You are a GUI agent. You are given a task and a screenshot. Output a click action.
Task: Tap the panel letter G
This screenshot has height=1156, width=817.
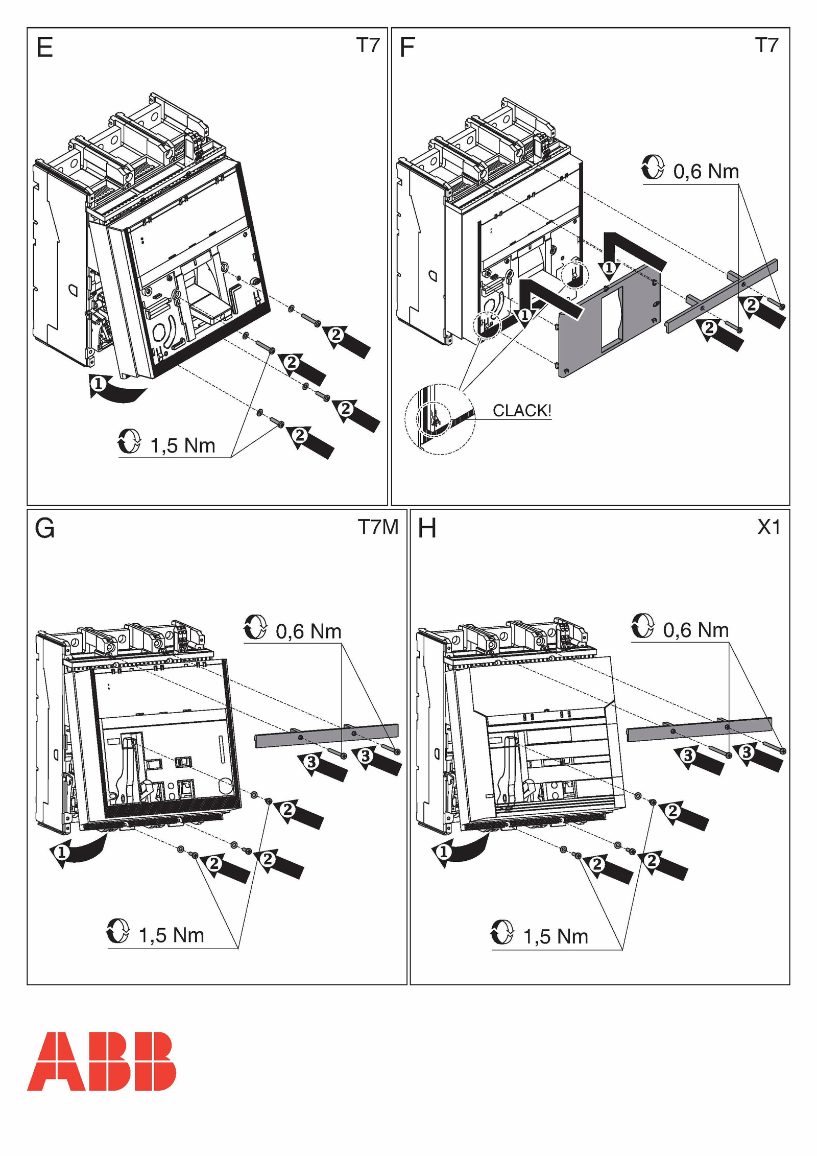coord(44,528)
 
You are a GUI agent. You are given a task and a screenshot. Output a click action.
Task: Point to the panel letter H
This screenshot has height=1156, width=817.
coord(427,528)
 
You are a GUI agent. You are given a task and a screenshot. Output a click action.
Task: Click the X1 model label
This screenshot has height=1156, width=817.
coord(768,527)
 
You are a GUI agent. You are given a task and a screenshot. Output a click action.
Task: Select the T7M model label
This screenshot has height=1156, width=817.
coord(378,527)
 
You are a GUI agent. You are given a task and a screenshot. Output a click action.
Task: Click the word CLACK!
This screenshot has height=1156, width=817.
coord(521,410)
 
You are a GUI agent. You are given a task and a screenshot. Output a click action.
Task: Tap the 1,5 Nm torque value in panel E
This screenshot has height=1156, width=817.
coord(183,445)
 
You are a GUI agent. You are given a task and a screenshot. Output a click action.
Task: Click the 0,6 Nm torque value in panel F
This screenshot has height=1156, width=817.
coord(706,172)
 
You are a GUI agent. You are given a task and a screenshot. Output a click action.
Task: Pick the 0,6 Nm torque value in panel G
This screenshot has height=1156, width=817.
coord(308,631)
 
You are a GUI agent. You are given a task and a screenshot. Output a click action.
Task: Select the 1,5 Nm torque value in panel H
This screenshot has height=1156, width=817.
coord(556,936)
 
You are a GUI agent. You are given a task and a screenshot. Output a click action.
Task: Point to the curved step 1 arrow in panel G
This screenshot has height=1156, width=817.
coord(77,852)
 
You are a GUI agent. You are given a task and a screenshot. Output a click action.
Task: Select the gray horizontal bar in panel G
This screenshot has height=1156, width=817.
coord(327,735)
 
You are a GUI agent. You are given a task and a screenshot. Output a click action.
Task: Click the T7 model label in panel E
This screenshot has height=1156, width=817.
coord(368,45)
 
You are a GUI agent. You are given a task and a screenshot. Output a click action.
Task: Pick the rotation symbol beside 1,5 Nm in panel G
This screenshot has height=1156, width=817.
coord(118,931)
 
